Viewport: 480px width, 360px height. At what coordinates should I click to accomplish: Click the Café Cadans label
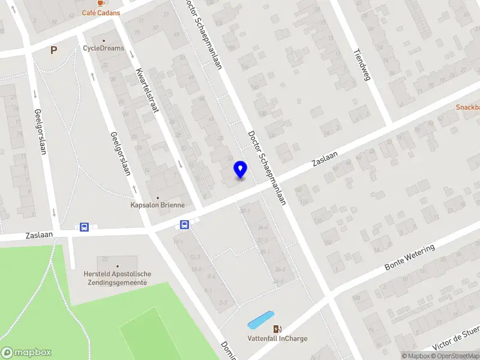point(101,13)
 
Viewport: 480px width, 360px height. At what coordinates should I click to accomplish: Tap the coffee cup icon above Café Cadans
point(101,2)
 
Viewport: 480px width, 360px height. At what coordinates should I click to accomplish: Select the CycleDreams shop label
point(104,48)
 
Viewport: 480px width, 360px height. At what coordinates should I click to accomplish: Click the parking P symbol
point(53,50)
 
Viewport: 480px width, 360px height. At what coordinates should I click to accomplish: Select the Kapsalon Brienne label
point(158,205)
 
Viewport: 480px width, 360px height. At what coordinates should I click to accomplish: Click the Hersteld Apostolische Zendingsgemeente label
point(118,278)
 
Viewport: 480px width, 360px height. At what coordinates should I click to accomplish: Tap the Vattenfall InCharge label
point(277,338)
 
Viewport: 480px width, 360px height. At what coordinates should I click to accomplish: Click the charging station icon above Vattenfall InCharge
point(277,329)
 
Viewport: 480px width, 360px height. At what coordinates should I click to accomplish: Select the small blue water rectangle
point(261,320)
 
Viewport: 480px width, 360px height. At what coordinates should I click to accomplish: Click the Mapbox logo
point(26,353)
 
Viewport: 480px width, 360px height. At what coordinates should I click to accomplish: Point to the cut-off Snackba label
point(467,107)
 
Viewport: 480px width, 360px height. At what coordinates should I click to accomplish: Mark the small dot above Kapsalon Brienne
point(158,197)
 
